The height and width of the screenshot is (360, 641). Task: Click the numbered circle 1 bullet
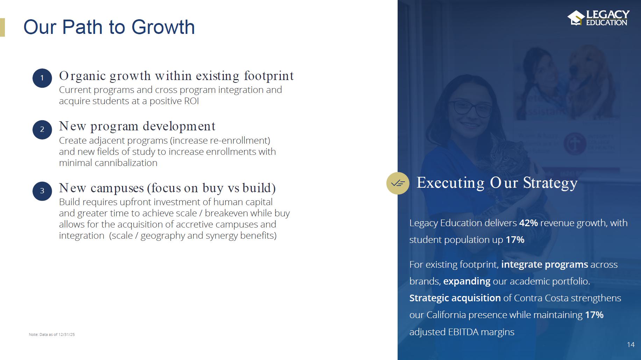point(42,78)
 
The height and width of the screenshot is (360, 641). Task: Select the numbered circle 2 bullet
point(42,130)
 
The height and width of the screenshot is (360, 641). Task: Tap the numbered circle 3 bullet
point(42,191)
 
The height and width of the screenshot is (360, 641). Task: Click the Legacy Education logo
point(598,18)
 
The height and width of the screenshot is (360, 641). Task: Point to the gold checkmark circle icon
point(398,183)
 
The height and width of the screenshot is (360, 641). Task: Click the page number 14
point(631,345)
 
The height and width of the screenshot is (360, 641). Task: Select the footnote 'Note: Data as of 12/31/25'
point(52,334)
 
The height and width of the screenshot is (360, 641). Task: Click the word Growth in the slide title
point(163,27)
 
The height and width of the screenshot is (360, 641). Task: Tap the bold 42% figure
point(528,223)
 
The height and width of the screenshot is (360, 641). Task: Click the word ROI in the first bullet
point(192,101)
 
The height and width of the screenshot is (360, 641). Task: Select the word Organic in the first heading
point(83,76)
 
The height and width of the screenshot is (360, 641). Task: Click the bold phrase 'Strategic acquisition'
point(455,298)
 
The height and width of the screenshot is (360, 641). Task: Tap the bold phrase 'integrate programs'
point(545,265)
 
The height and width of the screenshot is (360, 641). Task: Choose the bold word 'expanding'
point(467,281)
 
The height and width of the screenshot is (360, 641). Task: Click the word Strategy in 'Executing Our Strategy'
point(550,183)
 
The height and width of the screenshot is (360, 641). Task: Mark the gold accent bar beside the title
point(2,27)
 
